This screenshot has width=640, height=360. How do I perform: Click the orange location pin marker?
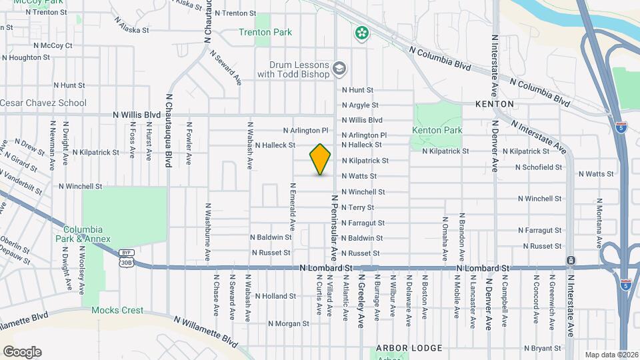(x=321, y=159)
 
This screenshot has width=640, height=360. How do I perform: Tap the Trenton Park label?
(x=265, y=32)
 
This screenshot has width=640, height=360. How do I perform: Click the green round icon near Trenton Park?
(x=362, y=33)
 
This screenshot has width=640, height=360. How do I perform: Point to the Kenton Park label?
(x=437, y=129)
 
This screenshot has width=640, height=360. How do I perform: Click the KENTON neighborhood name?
(x=495, y=105)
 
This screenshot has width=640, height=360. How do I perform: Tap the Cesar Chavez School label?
(x=43, y=103)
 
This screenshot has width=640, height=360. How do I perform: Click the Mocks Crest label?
(x=117, y=310)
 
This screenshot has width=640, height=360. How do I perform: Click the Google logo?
(x=22, y=352)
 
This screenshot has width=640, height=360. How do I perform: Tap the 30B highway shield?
(x=125, y=263)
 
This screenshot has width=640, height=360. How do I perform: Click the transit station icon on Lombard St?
(x=571, y=260)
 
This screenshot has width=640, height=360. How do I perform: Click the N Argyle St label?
(x=360, y=105)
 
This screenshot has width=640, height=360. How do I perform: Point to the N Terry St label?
(x=357, y=207)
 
